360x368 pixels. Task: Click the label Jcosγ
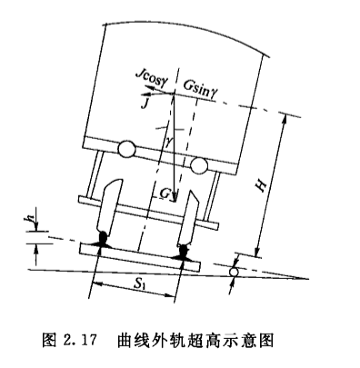click(151, 78)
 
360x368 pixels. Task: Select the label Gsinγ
click(200, 88)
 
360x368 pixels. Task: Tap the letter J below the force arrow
click(145, 104)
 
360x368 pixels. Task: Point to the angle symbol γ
click(169, 142)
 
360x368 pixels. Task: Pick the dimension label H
click(261, 184)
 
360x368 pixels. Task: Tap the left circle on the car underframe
click(126, 149)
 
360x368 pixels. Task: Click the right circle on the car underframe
click(199, 165)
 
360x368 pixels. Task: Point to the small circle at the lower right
click(234, 272)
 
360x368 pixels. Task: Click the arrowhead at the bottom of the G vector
click(175, 196)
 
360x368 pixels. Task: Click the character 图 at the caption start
click(49, 340)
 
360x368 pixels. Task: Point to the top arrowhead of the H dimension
click(284, 119)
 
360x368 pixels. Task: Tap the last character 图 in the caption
click(266, 340)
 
